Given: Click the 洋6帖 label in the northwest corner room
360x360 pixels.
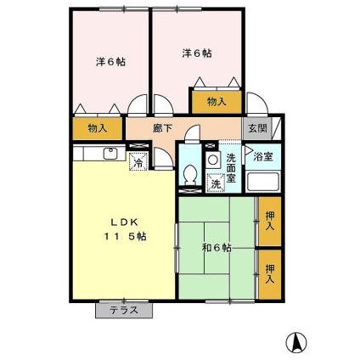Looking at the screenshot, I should point(110,62).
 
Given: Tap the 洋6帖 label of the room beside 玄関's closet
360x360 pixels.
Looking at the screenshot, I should point(197,53).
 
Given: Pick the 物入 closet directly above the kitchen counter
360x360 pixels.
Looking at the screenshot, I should point(98,128).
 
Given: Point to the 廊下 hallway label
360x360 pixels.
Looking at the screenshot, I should point(163,128).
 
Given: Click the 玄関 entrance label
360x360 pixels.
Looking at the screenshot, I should point(256,128).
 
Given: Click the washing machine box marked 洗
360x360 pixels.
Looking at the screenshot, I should point(216,183).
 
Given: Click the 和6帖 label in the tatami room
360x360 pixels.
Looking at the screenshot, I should point(217,248).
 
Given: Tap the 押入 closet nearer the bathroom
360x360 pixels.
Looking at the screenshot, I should point(269,222).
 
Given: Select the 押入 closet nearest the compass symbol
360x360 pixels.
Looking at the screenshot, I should point(269,273).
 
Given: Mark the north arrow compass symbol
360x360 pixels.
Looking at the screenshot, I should point(297,340).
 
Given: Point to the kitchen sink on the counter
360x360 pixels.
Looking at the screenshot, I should point(110,154).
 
